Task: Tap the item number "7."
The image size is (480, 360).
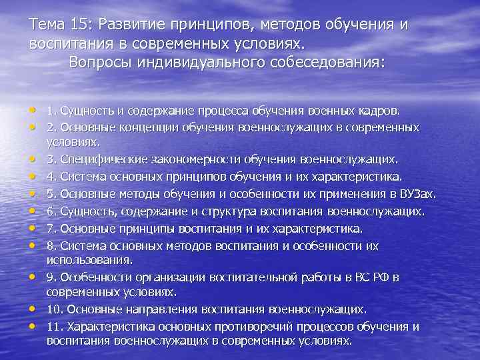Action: coord(51,229)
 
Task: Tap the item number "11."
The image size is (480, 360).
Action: coord(55,327)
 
